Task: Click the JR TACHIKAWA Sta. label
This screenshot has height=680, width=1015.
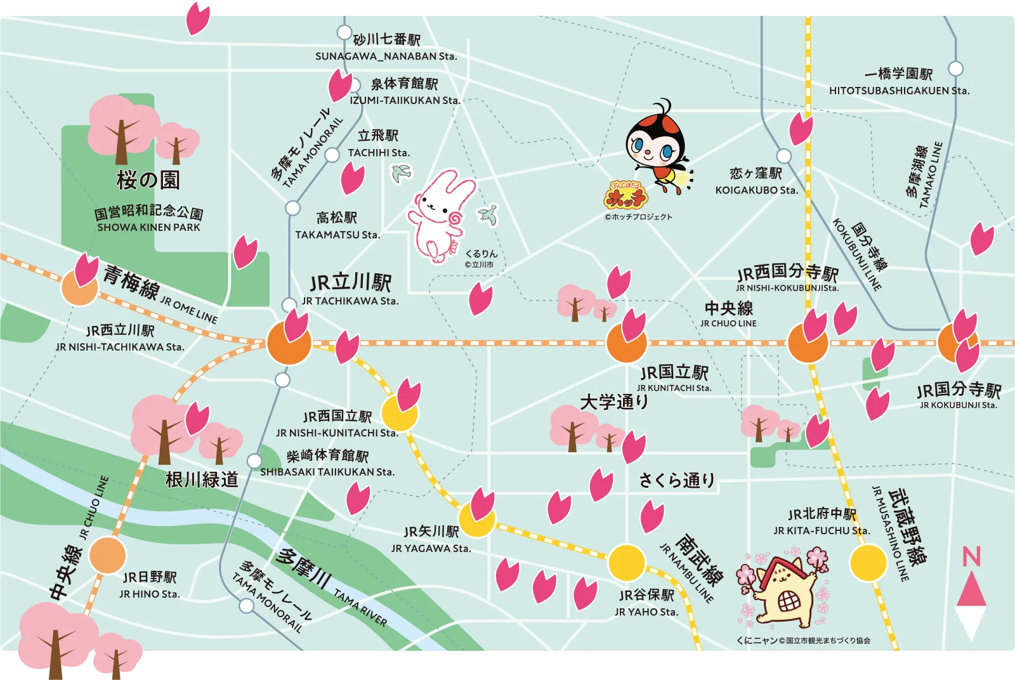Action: [x=350, y=301]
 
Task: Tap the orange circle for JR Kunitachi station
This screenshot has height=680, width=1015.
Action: [x=626, y=343]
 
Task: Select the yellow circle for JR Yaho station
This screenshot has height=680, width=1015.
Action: [x=627, y=563]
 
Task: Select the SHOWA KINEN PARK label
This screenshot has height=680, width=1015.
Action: [x=148, y=227]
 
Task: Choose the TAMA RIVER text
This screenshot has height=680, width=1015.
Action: [x=360, y=608]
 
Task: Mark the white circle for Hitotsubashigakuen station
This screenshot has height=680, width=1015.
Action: [x=955, y=69]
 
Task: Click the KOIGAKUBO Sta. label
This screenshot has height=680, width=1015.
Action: [x=756, y=190]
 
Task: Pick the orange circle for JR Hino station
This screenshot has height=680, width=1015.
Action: [x=108, y=555]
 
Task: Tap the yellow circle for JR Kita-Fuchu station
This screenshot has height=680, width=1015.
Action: [x=868, y=563]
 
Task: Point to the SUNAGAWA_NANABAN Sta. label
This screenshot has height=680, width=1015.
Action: [x=386, y=56]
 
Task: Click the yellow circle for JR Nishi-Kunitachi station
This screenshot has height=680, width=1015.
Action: [x=400, y=414]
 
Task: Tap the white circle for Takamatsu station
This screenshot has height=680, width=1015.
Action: [x=292, y=207]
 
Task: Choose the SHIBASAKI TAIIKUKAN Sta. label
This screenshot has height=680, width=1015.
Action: [x=327, y=472]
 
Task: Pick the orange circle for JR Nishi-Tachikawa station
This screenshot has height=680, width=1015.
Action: [x=79, y=288]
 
